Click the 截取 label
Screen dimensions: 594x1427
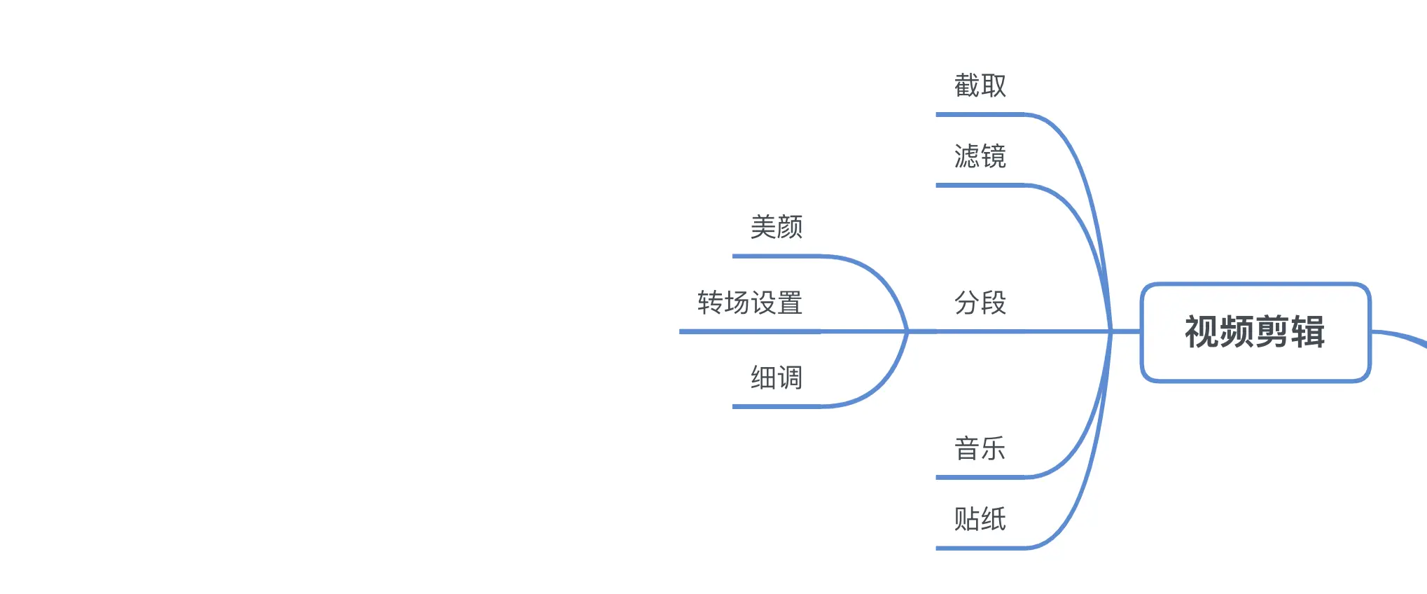[x=980, y=85]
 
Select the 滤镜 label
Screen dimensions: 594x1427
[x=980, y=156]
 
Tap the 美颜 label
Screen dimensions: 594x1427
[x=776, y=227]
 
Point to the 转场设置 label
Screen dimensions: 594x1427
[x=749, y=303]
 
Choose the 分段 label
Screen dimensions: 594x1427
[x=980, y=303]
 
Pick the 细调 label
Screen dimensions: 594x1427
[x=776, y=378]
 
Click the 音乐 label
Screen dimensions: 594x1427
[x=980, y=449]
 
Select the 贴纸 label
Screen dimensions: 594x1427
[x=980, y=519]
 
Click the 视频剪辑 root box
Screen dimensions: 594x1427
[x=1255, y=332]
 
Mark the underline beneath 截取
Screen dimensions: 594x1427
[x=980, y=114]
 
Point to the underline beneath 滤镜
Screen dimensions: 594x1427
[x=980, y=185]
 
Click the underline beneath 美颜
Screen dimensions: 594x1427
[x=777, y=256]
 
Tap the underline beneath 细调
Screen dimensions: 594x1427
[x=777, y=406]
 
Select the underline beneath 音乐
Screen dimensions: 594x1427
[x=980, y=478]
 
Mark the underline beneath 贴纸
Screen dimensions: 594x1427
[x=980, y=548]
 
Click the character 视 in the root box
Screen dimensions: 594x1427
[x=1202, y=332]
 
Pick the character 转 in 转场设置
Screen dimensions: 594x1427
[x=710, y=303]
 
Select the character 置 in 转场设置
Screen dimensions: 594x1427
[x=789, y=303]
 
